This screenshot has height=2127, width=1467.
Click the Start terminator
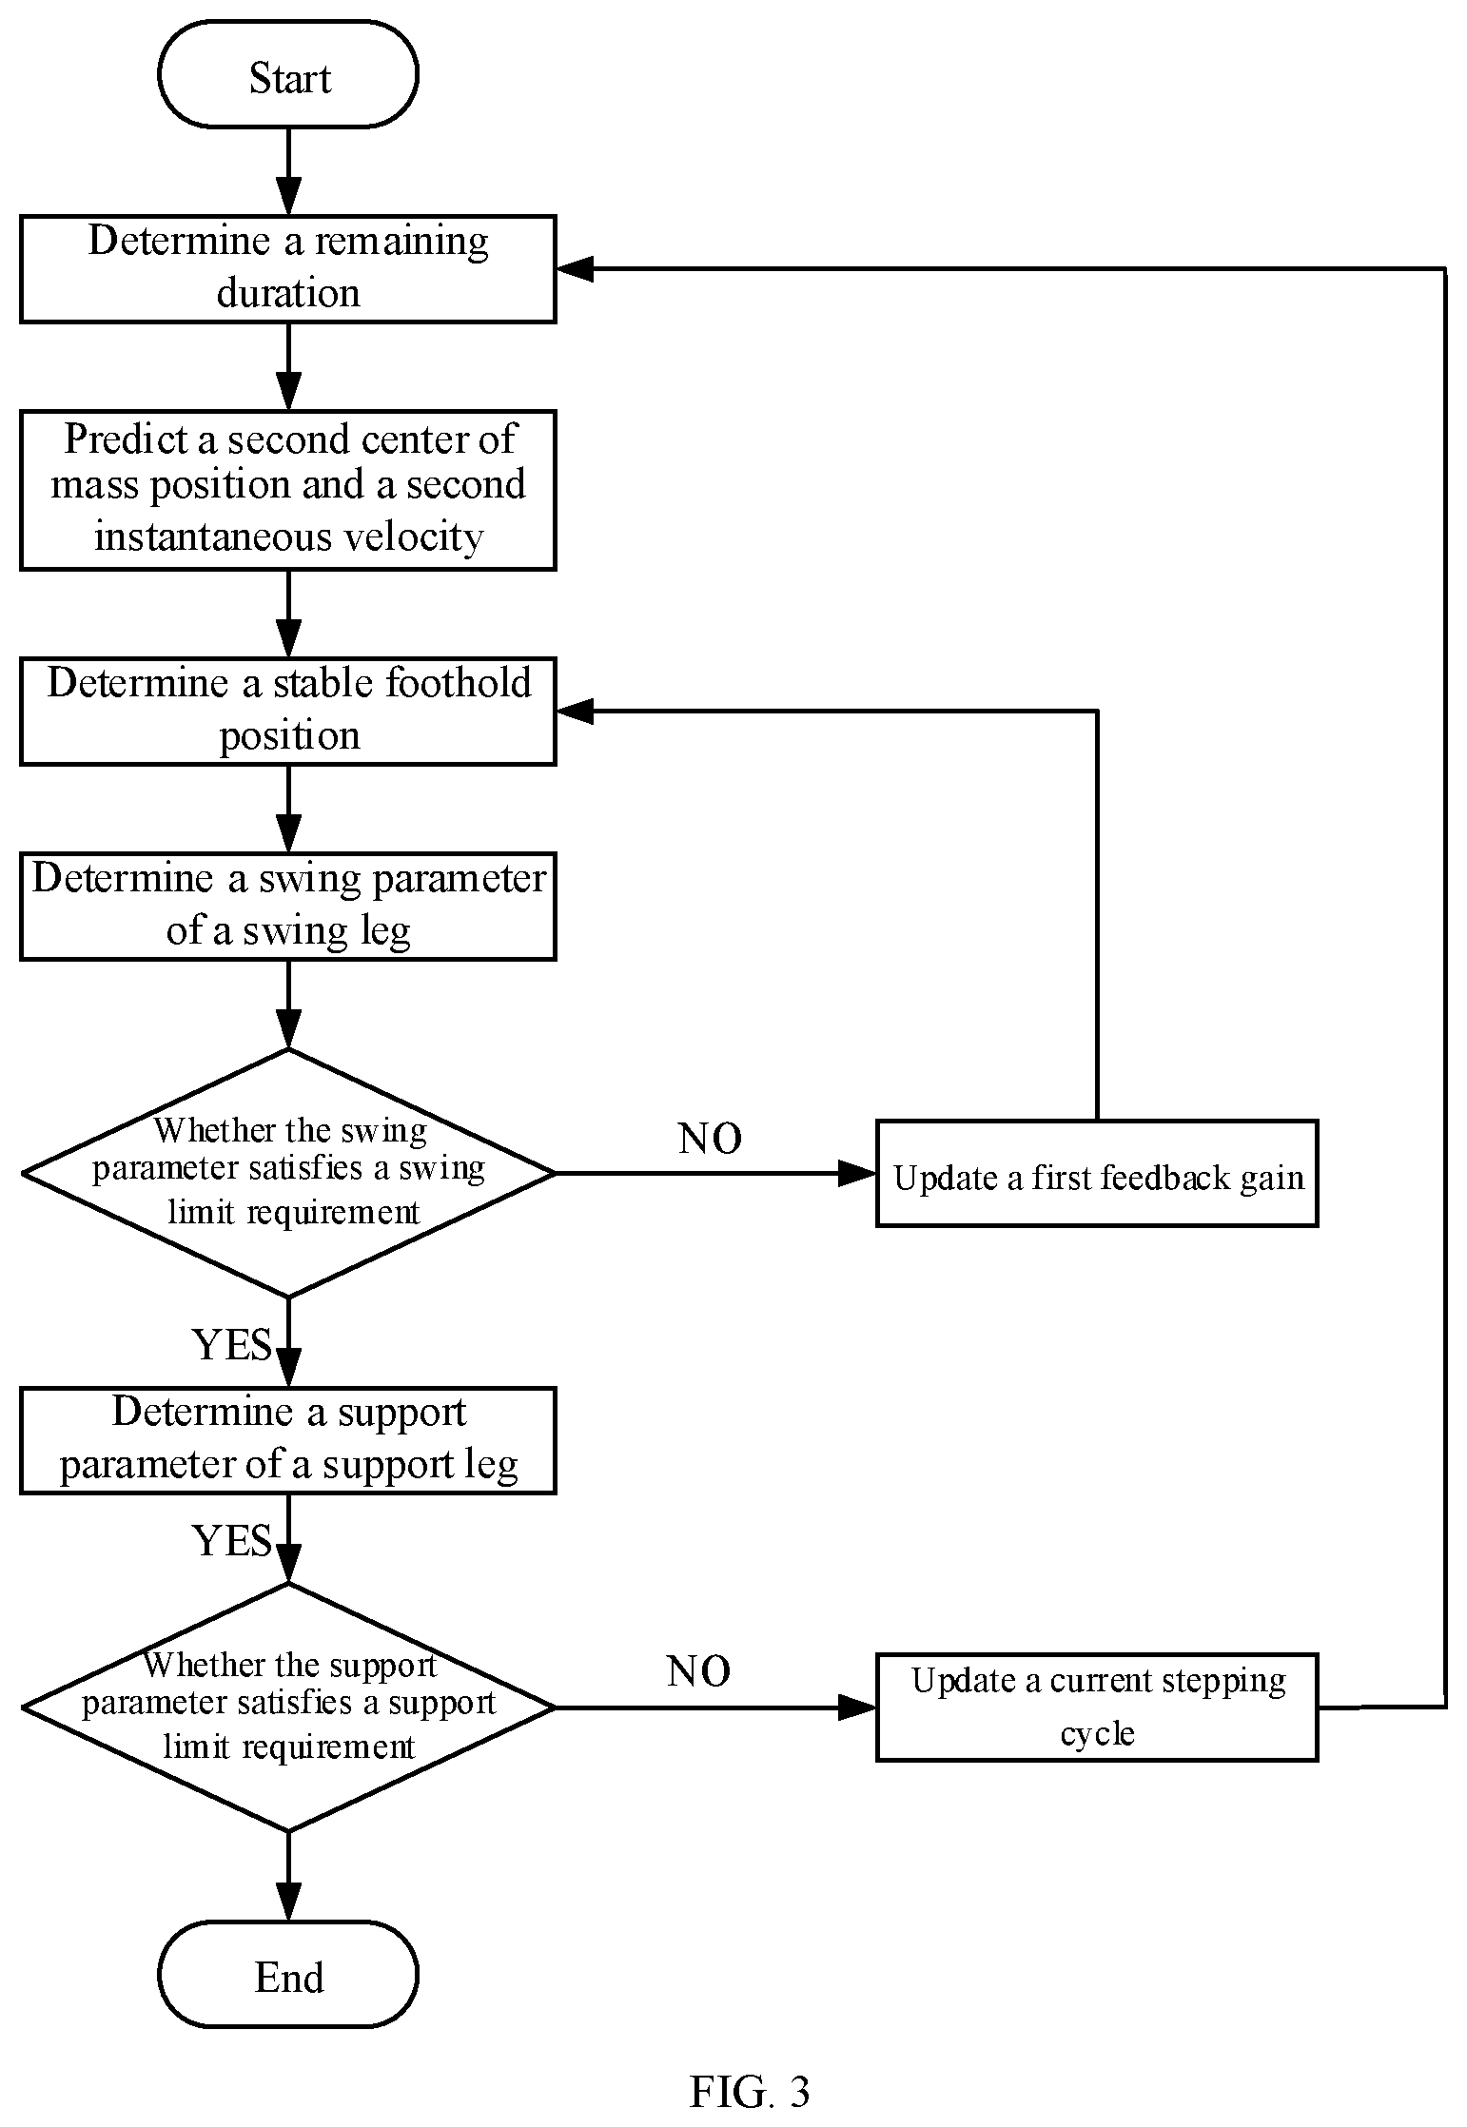click(288, 75)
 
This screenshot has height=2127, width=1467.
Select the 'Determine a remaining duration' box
click(288, 269)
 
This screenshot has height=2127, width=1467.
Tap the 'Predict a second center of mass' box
click(288, 490)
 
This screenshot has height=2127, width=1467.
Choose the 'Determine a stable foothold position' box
click(288, 711)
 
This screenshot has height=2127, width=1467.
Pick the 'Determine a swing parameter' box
click(288, 906)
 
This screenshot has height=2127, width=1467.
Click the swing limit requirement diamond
click(288, 1173)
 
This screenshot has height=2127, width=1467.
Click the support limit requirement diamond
click(288, 1707)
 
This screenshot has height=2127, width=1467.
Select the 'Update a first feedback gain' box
click(1097, 1173)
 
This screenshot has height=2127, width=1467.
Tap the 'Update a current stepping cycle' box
click(1097, 1707)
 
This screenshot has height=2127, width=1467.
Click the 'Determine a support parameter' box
click(288, 1440)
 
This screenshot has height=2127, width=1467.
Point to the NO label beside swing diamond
click(710, 1138)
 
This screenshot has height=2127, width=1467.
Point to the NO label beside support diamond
click(698, 1671)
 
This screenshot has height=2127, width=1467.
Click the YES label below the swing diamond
click(232, 1344)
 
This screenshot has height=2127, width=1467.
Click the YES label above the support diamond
click(232, 1540)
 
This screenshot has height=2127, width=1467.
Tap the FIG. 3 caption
click(750, 2092)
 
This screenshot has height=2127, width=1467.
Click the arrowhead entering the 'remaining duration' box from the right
click(575, 269)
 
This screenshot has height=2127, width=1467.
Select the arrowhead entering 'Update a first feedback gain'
click(857, 1173)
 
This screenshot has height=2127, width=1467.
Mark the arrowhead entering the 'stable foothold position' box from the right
click(575, 711)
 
